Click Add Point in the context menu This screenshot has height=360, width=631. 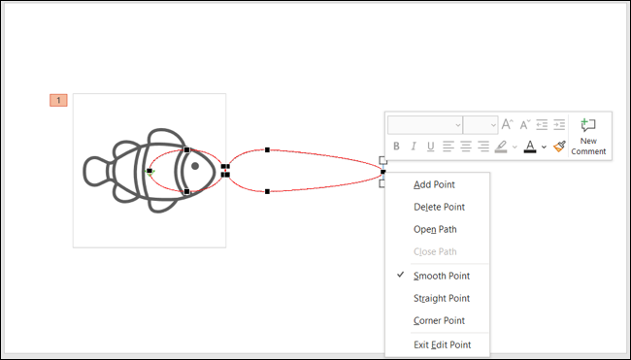click(434, 184)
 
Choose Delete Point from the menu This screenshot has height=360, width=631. click(439, 207)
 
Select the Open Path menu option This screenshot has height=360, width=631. click(435, 229)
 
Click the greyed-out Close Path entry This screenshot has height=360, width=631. click(435, 251)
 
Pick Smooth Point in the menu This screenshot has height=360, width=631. click(442, 276)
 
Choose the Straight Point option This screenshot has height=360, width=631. click(442, 298)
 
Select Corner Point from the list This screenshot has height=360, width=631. click(439, 320)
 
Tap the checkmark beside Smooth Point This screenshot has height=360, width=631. click(400, 276)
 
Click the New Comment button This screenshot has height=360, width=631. click(588, 136)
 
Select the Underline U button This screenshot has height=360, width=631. click(430, 147)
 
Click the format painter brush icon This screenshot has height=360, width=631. click(559, 147)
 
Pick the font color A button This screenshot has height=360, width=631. click(529, 147)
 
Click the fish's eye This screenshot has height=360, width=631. click(195, 166)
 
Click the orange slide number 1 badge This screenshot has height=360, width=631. click(58, 100)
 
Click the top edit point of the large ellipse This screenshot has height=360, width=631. click(267, 150)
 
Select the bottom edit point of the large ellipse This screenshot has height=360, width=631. click(267, 191)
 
